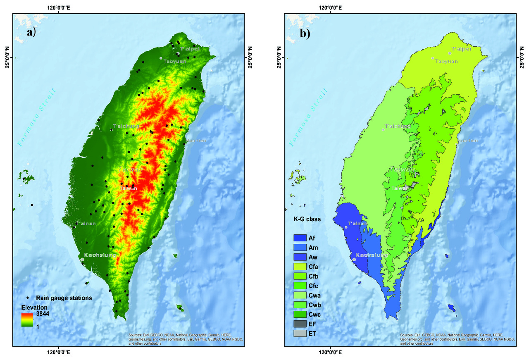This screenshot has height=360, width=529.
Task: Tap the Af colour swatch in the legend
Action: [299, 238]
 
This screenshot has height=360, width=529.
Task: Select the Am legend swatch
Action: [299, 247]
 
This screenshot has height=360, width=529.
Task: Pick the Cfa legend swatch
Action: [299, 267]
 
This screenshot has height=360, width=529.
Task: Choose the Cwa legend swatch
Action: [299, 295]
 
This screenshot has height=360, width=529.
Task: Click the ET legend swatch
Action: [299, 333]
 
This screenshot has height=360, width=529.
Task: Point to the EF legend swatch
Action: [299, 324]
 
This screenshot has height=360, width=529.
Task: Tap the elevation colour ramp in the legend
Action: [27, 320]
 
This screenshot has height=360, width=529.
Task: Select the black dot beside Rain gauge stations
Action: [28, 298]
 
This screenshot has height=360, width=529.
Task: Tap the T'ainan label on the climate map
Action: [357, 224]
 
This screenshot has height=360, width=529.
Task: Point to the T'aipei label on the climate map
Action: [461, 49]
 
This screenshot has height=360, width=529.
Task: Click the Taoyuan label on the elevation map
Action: [175, 61]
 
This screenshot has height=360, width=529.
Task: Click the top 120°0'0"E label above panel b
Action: [330, 7]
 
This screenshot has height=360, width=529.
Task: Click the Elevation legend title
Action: [34, 308]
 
